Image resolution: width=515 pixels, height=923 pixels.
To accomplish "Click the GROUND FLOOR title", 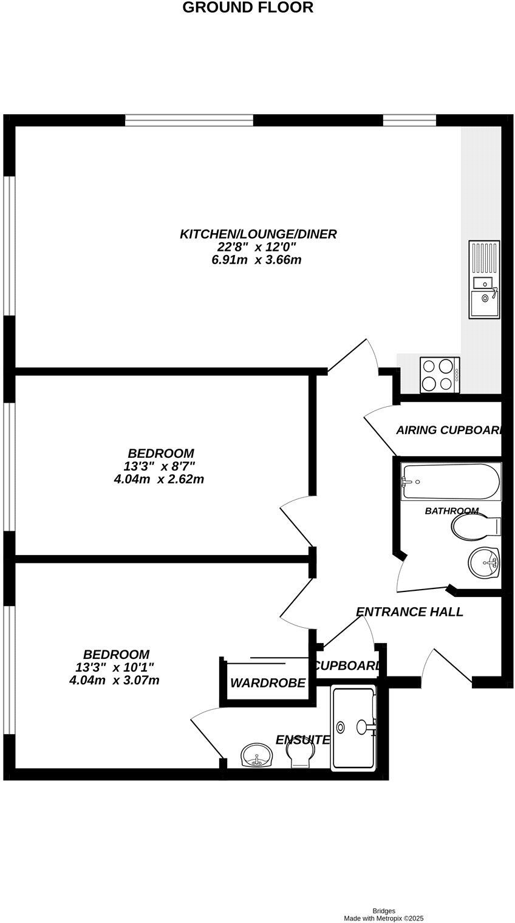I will pos(248,8).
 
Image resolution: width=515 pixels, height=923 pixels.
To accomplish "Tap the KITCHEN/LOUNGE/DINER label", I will pos(258,234).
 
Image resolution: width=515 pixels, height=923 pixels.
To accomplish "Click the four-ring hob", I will pos(440,375).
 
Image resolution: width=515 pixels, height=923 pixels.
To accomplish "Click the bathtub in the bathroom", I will pos(451,483).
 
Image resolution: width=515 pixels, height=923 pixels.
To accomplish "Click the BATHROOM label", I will pos(451,511).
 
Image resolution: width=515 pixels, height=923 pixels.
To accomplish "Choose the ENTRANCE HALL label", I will pos(409,612).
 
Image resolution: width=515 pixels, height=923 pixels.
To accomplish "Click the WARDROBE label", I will pos(267,683).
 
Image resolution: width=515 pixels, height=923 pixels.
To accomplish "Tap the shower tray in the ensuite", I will pos(353,728).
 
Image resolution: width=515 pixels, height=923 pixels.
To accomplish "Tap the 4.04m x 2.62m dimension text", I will pos(159,480).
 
